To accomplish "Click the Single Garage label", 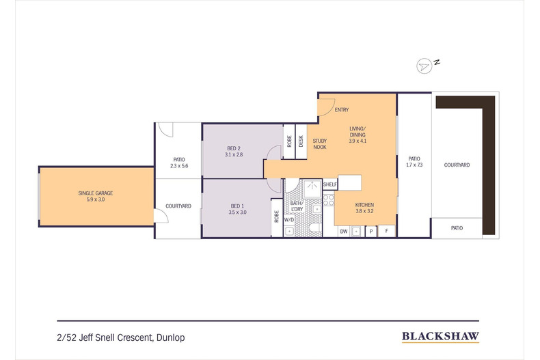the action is click(x=96, y=193).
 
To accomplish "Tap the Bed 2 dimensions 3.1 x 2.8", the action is click(x=234, y=154).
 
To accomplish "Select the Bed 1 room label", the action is click(x=237, y=206).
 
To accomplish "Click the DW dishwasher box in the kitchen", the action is click(x=344, y=232).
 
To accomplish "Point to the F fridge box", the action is click(x=386, y=231).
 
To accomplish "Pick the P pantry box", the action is click(x=370, y=232).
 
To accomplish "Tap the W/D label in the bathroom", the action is click(x=289, y=219).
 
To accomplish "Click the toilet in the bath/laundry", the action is click(x=314, y=227).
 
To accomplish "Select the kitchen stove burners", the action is click(x=329, y=200).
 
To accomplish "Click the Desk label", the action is click(x=301, y=141).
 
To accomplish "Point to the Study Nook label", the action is click(x=320, y=144).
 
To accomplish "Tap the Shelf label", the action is click(x=330, y=184).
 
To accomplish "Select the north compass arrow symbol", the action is click(x=424, y=66).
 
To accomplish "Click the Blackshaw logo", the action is click(x=440, y=336).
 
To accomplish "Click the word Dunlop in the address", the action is click(x=170, y=337).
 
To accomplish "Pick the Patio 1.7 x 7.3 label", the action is click(x=414, y=162).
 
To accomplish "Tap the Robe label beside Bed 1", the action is click(x=276, y=217).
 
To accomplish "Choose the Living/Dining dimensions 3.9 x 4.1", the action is click(x=357, y=141).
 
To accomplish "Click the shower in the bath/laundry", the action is click(x=312, y=188).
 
